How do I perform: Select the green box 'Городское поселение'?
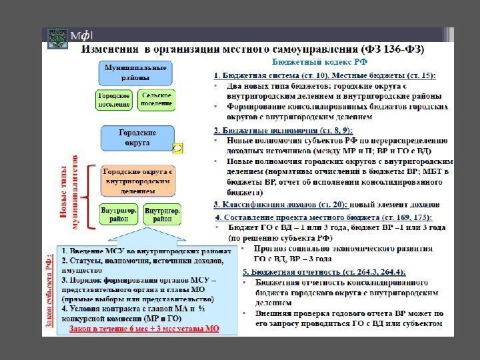114,101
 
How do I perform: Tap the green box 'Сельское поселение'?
157,101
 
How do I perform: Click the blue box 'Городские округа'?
137,138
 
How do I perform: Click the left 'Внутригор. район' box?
119,214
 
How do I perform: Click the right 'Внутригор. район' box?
162,214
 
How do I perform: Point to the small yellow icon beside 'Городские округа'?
178,147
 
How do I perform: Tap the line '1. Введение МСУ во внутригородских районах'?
147,251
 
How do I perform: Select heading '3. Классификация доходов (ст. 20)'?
280,205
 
